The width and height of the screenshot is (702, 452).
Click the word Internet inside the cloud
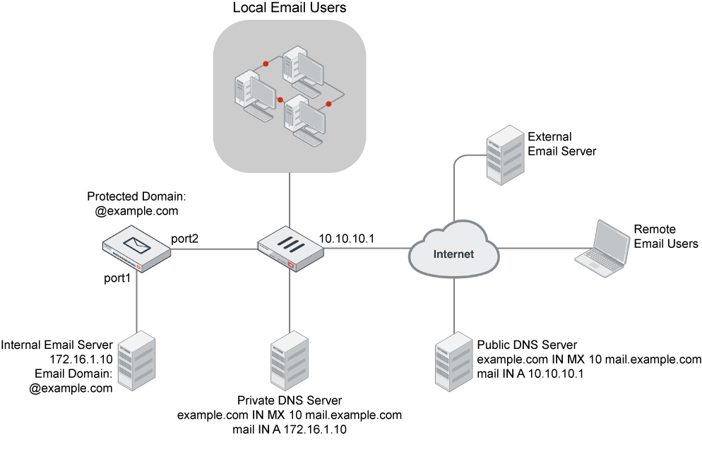click(453, 254)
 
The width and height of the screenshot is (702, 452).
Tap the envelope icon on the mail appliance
click(137, 244)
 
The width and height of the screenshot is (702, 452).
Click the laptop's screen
click(612, 240)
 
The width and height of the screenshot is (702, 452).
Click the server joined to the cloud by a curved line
click(506, 155)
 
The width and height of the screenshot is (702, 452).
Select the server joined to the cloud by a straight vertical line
click(453, 361)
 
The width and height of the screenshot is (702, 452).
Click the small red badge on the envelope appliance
click(140, 268)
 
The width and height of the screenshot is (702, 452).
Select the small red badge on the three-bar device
click(292, 264)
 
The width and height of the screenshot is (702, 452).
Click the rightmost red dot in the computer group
click(328, 104)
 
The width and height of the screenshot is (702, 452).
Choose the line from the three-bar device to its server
click(290, 300)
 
